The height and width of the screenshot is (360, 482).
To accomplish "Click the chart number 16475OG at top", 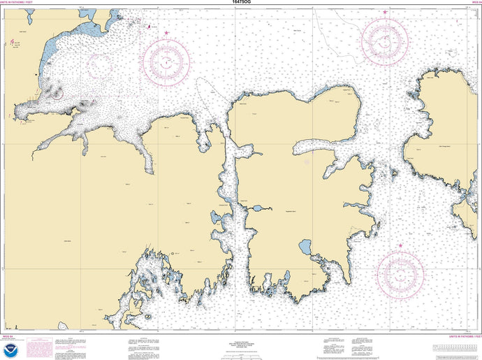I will [241, 3].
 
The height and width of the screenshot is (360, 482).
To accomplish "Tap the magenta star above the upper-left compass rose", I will [166, 33].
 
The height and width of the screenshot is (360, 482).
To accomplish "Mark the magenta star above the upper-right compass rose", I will [384, 13].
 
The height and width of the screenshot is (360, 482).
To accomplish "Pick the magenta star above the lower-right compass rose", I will [400, 245].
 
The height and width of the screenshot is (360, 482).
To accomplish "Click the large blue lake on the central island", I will [305, 247].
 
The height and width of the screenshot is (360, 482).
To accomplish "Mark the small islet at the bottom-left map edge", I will [62, 326].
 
